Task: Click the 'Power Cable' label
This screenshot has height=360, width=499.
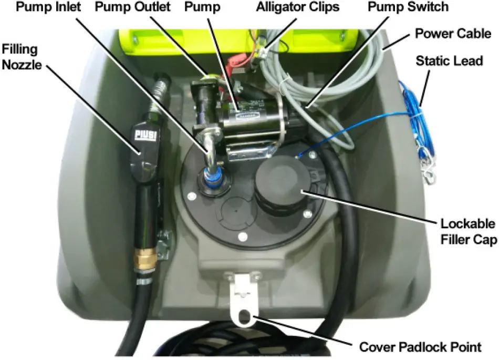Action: [x=453, y=34]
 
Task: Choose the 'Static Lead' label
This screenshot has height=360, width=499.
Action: [x=449, y=61]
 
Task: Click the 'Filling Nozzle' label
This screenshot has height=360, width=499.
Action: [x=22, y=57]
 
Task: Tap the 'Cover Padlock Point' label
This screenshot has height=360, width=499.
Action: [x=420, y=347]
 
